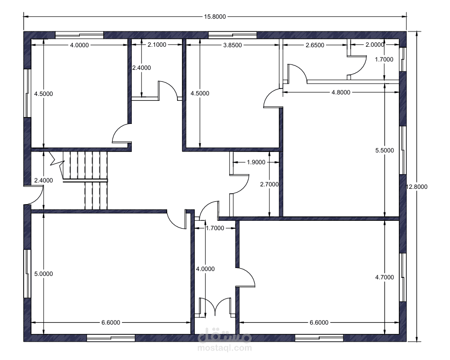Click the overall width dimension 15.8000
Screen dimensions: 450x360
[215, 17]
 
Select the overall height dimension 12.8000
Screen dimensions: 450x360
[417, 186]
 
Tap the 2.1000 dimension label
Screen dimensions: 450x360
[157, 44]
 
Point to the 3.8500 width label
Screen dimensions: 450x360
[233, 45]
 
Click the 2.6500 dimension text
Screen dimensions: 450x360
[315, 45]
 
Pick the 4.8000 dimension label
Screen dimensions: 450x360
[341, 92]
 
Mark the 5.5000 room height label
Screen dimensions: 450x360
[385, 150]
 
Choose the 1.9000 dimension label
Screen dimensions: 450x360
[256, 162]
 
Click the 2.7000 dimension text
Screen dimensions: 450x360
[269, 184]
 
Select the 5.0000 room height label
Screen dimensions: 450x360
[44, 274]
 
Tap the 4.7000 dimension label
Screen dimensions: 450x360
[385, 277]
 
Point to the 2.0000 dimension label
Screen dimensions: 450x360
[375, 44]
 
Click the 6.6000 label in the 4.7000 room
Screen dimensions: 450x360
[319, 323]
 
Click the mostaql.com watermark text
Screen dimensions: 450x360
[225, 348]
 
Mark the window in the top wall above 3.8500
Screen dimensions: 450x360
[232, 35]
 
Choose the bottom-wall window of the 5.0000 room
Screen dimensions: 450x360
[111, 338]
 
